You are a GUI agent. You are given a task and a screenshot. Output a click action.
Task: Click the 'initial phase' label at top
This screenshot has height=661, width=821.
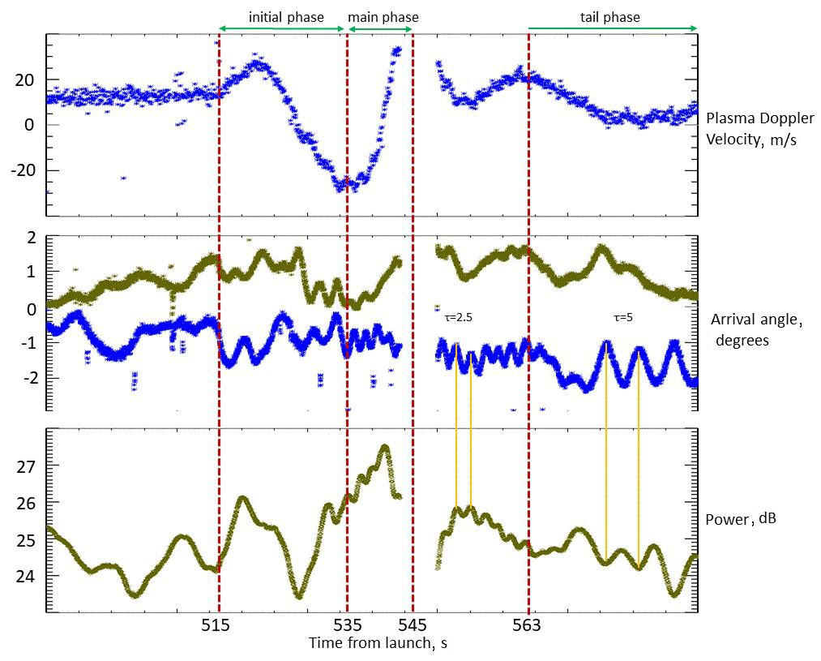[x=286, y=17]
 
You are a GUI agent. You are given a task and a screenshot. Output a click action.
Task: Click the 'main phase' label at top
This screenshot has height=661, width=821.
[x=383, y=17]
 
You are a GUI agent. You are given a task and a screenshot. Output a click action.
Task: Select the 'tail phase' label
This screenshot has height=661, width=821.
[x=609, y=17]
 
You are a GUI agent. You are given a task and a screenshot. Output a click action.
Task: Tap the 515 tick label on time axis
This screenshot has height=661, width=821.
[x=215, y=625]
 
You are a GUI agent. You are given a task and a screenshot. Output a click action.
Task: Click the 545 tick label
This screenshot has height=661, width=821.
[x=413, y=625]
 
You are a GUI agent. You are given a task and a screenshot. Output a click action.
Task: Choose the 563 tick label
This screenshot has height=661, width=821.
[x=528, y=625]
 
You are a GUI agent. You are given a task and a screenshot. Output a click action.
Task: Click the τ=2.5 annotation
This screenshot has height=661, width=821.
[x=458, y=319]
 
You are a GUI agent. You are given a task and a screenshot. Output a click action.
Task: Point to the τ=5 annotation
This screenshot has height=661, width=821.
[x=623, y=319]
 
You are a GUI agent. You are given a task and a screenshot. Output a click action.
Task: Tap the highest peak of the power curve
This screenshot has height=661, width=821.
[x=384, y=447]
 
